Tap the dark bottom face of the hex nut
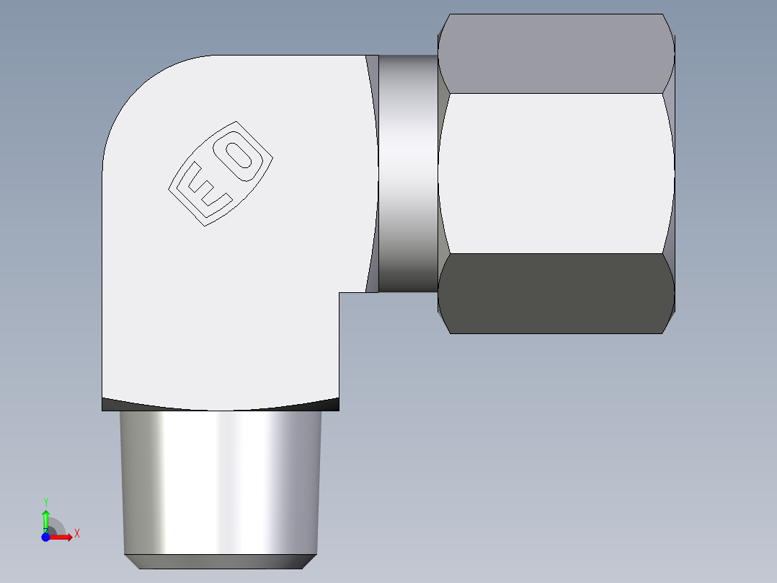tap(555, 293)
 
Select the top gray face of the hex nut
tap(555, 54)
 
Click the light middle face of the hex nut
tap(555, 173)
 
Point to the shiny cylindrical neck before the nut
tap(408, 173)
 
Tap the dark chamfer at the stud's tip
tap(220, 561)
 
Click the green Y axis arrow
tap(45, 518)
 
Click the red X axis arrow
tap(62, 537)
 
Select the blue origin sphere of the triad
tap(45, 537)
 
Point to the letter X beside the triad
tap(77, 534)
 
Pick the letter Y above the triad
tap(45, 501)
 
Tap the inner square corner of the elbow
tap(339, 293)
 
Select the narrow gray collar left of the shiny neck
tap(372, 173)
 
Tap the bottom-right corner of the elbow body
tap(337, 408)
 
